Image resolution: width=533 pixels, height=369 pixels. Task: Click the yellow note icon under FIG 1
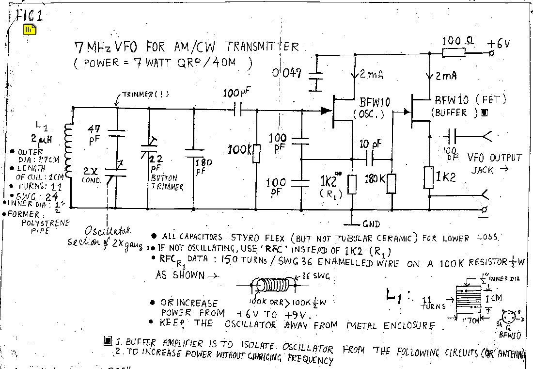(30, 29)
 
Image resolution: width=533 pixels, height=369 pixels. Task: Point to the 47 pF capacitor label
(94, 134)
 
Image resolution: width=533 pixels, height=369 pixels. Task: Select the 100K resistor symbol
(256, 154)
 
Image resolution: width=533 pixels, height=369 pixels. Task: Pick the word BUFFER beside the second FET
(449, 112)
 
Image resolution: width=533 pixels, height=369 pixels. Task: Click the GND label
(371, 224)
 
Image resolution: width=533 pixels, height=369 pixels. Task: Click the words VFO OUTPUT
(494, 158)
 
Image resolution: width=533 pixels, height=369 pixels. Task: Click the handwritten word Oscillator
(108, 231)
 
